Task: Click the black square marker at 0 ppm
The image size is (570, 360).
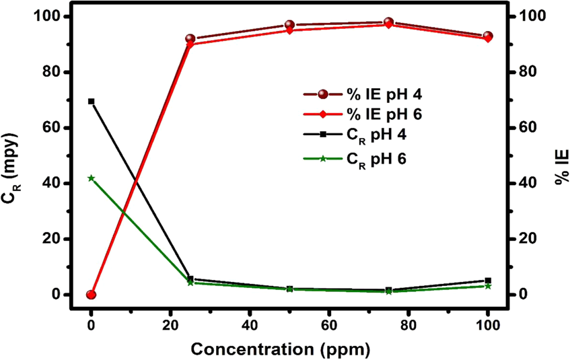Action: tap(91, 102)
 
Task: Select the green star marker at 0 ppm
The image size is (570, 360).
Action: tap(91, 178)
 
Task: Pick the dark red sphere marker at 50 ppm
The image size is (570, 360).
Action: tap(289, 25)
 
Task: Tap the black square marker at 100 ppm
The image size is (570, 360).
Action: tap(488, 281)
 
